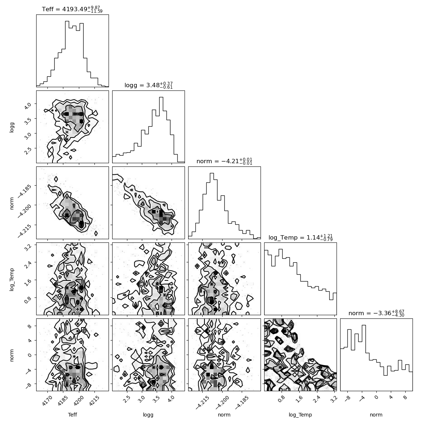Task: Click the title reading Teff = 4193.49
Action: tap(72, 9)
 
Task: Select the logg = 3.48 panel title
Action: tap(148, 85)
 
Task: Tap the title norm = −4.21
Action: tap(224, 161)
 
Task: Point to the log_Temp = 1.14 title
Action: tap(300, 237)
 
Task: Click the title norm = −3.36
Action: tap(376, 313)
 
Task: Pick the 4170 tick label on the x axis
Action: tap(47, 401)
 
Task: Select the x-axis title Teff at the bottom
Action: tap(72, 415)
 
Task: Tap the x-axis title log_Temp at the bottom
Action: tap(300, 415)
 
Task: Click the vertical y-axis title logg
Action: tap(12, 127)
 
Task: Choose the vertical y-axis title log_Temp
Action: tap(12, 279)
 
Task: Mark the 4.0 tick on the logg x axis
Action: tap(171, 399)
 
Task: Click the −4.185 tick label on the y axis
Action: tap(25, 191)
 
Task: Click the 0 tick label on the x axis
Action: tap(376, 397)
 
